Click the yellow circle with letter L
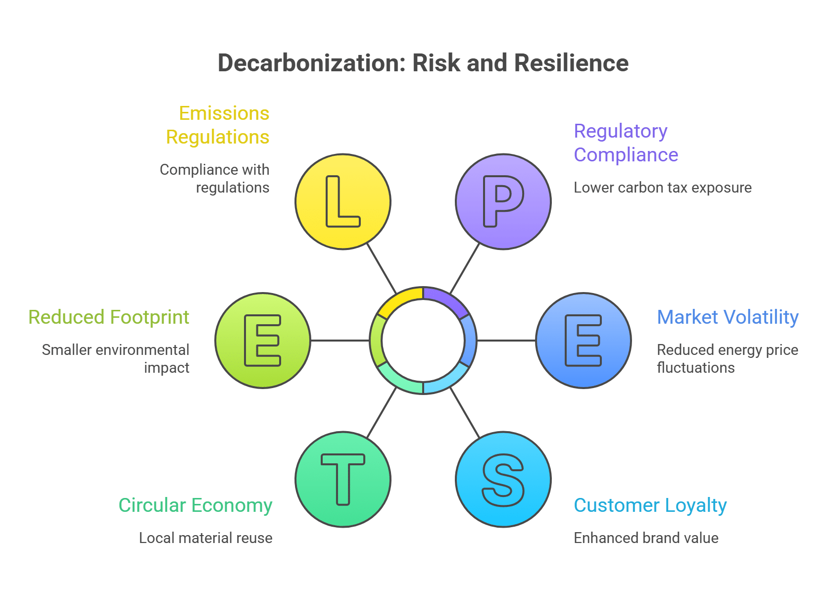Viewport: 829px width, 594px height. [342, 201]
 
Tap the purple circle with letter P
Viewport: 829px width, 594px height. [503, 201]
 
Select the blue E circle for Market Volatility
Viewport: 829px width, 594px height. [584, 341]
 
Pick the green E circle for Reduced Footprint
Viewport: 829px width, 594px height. [263, 341]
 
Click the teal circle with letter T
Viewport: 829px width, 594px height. [342, 479]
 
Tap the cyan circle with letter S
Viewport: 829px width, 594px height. [503, 479]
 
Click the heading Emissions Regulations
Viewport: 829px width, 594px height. [218, 125]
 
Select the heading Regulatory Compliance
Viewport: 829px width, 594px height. [626, 143]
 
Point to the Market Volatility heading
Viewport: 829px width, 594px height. [728, 317]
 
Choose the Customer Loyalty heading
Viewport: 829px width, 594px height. [650, 505]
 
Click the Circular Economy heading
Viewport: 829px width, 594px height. [195, 505]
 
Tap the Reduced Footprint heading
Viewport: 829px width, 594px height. [109, 317]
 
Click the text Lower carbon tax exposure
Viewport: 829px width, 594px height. [662, 188]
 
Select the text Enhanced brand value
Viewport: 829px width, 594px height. [646, 538]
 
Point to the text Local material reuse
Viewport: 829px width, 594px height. [205, 538]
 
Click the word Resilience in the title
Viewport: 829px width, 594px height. [571, 63]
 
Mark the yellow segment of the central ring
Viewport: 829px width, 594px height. [399, 298]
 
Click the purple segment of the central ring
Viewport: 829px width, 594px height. [448, 299]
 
